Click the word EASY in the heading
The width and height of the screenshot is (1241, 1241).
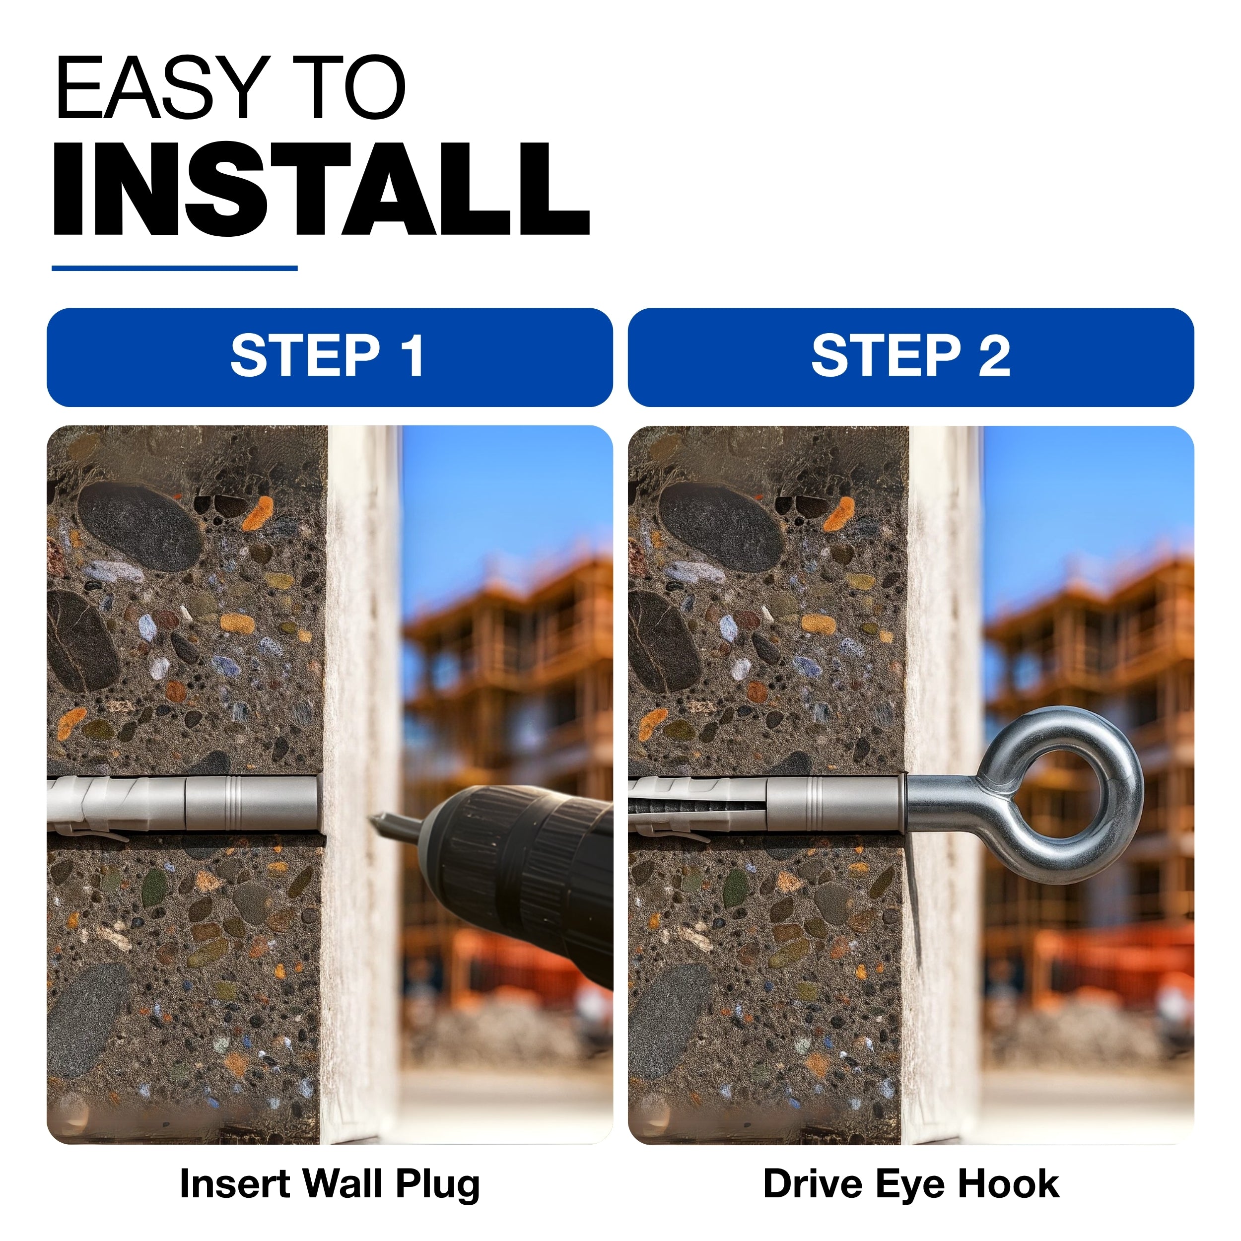coord(162,88)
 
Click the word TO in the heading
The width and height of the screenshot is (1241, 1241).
coord(349,88)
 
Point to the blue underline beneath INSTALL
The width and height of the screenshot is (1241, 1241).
coord(175,268)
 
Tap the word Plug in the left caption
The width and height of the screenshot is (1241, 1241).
coord(437,1184)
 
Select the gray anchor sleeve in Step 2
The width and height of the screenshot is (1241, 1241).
coord(767,804)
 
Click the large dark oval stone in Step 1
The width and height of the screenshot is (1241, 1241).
coord(139,527)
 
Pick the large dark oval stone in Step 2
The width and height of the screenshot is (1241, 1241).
coord(722,527)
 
